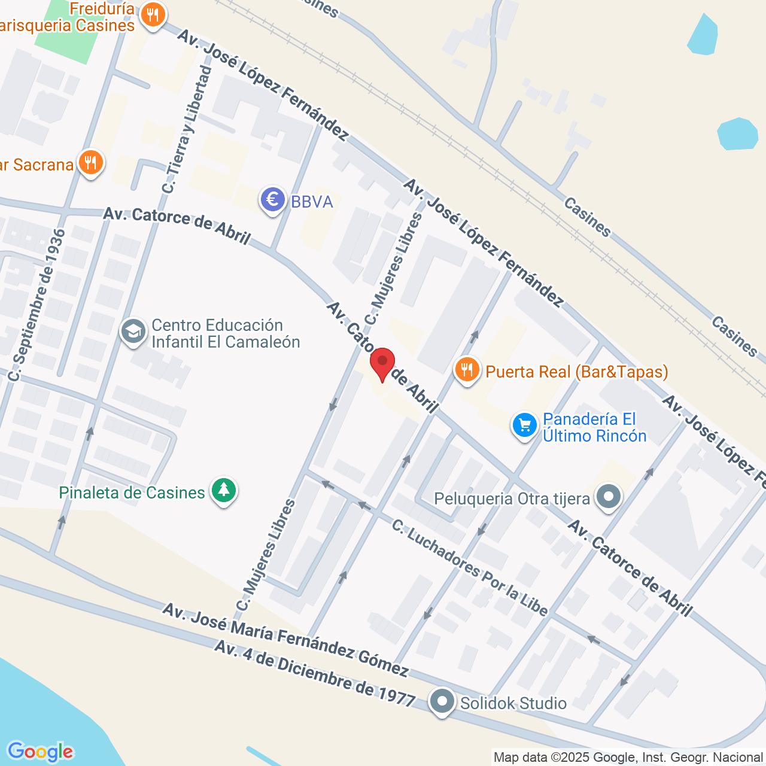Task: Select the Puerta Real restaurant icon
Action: [x=467, y=370]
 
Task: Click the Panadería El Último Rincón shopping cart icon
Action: [x=525, y=425]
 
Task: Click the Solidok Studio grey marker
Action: [x=442, y=701]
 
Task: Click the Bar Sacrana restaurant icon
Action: [x=90, y=162]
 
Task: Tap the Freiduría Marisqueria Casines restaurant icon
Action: [x=153, y=16]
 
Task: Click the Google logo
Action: [x=40, y=752]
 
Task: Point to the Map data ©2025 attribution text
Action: [x=628, y=758]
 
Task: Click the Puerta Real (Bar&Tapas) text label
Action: [x=577, y=372]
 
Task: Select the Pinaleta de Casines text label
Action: [x=132, y=493]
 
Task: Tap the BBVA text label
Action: [x=312, y=202]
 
